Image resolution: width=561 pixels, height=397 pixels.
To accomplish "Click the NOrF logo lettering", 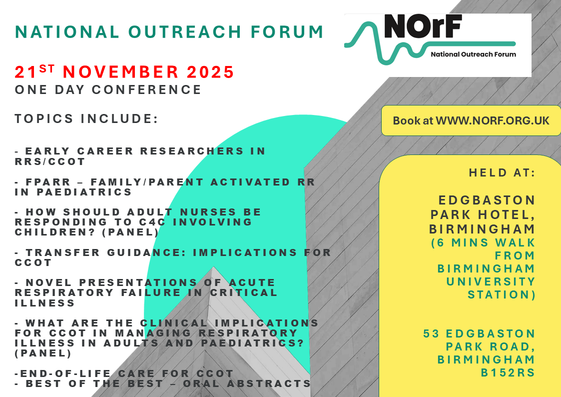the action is click(423, 26).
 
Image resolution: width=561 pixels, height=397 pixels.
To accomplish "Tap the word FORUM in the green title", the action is click(287, 32).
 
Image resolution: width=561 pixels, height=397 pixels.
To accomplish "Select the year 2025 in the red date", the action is click(210, 72).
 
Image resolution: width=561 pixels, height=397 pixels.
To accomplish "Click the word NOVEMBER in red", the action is click(120, 72).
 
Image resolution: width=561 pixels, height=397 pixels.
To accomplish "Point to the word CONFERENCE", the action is click(147, 89).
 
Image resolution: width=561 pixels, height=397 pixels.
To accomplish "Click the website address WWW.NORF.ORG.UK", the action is click(492, 120).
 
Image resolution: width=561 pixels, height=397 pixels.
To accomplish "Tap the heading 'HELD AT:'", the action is click(502, 173).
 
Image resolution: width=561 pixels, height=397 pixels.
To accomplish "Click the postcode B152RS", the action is click(508, 372).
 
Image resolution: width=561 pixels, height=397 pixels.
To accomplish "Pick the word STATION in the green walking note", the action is click(502, 294).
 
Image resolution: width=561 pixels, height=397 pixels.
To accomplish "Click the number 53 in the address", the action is click(431, 333).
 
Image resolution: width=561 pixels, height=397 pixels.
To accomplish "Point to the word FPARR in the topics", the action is click(48, 182).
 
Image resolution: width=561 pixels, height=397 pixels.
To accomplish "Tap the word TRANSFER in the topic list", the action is click(62, 252).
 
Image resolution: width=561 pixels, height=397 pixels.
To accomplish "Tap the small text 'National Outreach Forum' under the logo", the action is click(474, 54).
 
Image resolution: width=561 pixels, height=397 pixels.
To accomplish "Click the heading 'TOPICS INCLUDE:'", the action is click(86, 118).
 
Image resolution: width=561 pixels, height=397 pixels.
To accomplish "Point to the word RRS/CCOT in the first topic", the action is click(50, 161).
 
